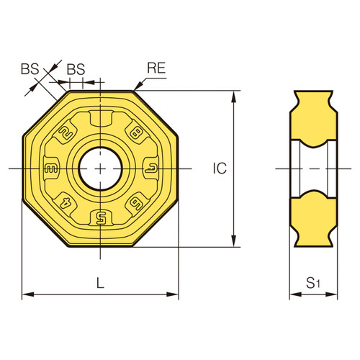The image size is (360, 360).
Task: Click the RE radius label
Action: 158,68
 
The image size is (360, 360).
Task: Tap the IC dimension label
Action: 220,168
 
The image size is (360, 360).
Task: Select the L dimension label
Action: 101,283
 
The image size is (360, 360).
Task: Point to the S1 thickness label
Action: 313,283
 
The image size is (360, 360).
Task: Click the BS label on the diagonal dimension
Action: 29,69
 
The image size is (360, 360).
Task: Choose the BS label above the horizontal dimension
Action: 76,69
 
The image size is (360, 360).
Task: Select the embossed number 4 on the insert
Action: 66,204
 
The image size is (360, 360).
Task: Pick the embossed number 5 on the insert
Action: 101,217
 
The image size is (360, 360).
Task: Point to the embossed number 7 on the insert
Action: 150,168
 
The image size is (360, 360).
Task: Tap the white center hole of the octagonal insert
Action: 101,168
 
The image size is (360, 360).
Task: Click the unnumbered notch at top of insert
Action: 101,119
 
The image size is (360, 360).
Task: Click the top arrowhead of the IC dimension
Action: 235,94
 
